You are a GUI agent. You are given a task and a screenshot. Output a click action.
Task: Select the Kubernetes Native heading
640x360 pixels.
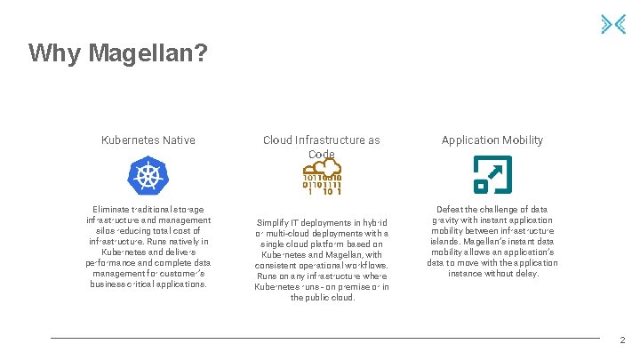[x=148, y=140]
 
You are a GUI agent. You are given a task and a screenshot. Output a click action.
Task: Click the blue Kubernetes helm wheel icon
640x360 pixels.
[x=148, y=175]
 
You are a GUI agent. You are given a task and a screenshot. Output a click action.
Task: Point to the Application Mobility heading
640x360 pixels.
[x=492, y=140]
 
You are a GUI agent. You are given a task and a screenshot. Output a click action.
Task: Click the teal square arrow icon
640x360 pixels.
[x=492, y=174]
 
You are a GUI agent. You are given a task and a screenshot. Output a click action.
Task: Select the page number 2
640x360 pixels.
[x=622, y=340]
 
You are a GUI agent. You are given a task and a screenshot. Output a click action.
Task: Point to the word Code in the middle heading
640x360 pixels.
[x=321, y=154]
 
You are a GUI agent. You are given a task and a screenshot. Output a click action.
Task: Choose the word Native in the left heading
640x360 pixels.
[x=178, y=140]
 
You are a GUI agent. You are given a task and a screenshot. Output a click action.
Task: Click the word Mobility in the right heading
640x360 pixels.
[x=520, y=140]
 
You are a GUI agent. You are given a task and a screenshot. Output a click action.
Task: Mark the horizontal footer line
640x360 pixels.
[x=324, y=338]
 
